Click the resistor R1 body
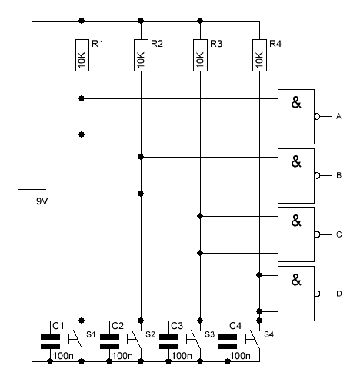point(82,55)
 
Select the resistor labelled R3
point(200,55)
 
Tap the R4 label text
point(275,44)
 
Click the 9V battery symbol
point(32,191)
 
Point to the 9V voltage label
point(42,201)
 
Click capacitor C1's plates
point(50,341)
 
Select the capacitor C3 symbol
point(168,341)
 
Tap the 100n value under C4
point(240,356)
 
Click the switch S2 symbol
point(134,340)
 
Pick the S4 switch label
point(268,334)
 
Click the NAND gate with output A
point(296,117)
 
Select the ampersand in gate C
point(296,221)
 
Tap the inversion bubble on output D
point(317,294)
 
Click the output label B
point(338,175)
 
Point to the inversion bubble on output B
point(317,175)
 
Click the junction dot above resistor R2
point(141,21)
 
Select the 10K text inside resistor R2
point(141,60)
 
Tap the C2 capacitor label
point(118,326)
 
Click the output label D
point(339,294)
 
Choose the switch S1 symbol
point(75,340)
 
